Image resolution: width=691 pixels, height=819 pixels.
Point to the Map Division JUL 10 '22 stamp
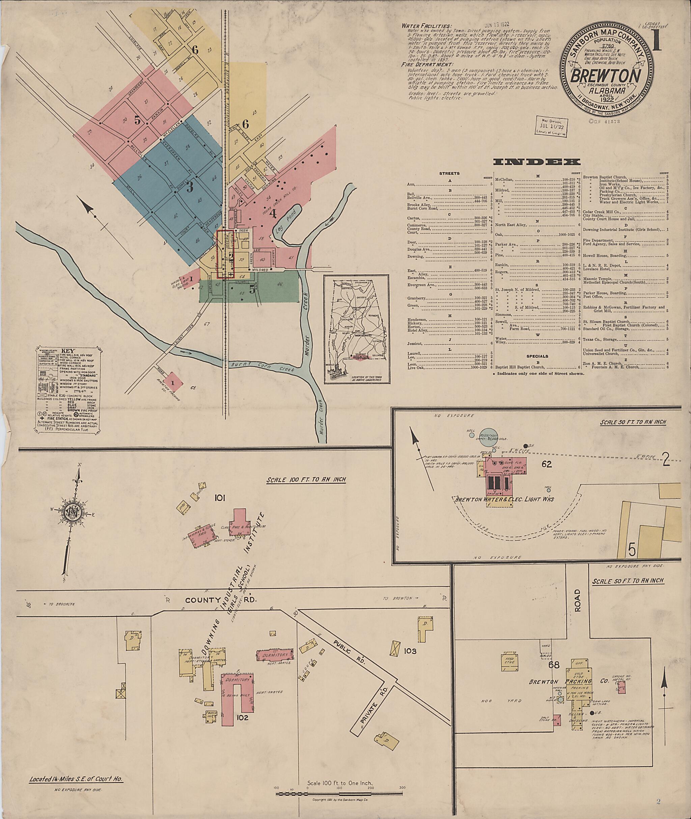(552, 127)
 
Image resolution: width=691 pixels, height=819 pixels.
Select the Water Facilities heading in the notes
(426, 26)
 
